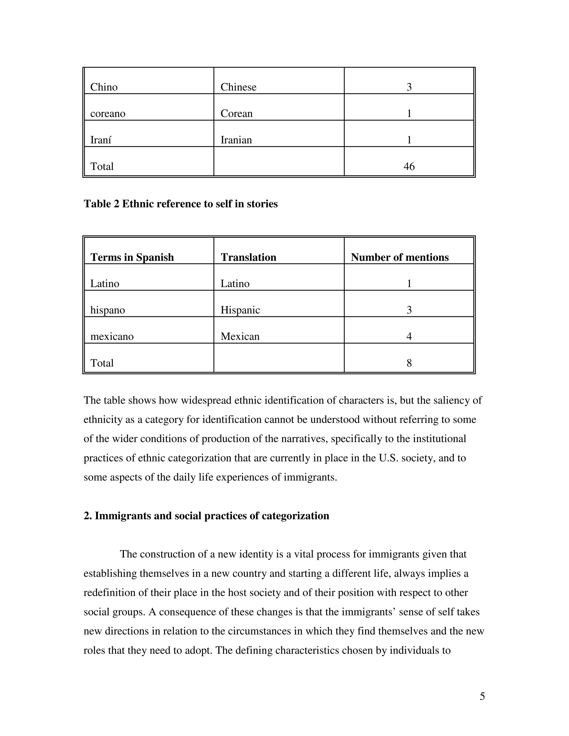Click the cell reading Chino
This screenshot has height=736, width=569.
(x=104, y=87)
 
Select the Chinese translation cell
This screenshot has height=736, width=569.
(x=238, y=87)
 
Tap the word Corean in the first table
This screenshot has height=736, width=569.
(x=236, y=114)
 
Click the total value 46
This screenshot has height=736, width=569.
(x=409, y=166)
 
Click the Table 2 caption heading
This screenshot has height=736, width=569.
(x=181, y=204)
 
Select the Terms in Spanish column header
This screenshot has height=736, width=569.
(x=132, y=257)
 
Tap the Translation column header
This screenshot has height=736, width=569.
(x=248, y=257)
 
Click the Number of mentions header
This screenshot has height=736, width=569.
(x=400, y=257)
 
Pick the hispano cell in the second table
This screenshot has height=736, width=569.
(x=108, y=310)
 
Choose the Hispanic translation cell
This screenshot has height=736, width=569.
(x=240, y=310)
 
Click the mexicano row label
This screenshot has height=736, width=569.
(x=112, y=336)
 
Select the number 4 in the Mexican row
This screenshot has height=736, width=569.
(x=409, y=336)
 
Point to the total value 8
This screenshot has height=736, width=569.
(x=409, y=363)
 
